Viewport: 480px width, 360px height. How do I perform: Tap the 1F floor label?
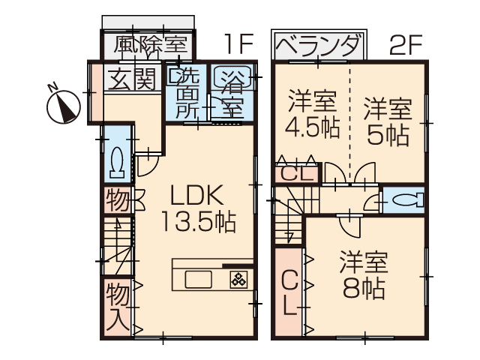[x=238, y=43]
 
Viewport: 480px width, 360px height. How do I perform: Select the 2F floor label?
[x=406, y=45]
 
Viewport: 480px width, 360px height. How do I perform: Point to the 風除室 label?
[x=150, y=45]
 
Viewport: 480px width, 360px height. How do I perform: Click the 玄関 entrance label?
[x=132, y=78]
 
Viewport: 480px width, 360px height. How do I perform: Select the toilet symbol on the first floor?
[x=117, y=162]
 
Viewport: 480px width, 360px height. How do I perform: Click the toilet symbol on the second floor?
[x=407, y=201]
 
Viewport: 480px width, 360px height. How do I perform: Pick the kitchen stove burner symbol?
[x=238, y=279]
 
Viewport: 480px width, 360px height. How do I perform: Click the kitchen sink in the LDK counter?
[x=198, y=279]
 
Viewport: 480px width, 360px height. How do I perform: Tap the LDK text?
[x=196, y=195]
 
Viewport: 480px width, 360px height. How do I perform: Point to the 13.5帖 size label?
[x=198, y=222]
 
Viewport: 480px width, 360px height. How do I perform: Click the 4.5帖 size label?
[x=312, y=127]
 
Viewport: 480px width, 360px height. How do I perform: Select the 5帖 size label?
[x=388, y=135]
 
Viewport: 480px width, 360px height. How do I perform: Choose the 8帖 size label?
[x=364, y=288]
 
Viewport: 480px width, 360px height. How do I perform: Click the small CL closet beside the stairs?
[x=297, y=174]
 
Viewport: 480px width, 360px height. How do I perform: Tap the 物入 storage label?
[x=118, y=307]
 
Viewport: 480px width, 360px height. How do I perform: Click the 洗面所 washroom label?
[x=187, y=93]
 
